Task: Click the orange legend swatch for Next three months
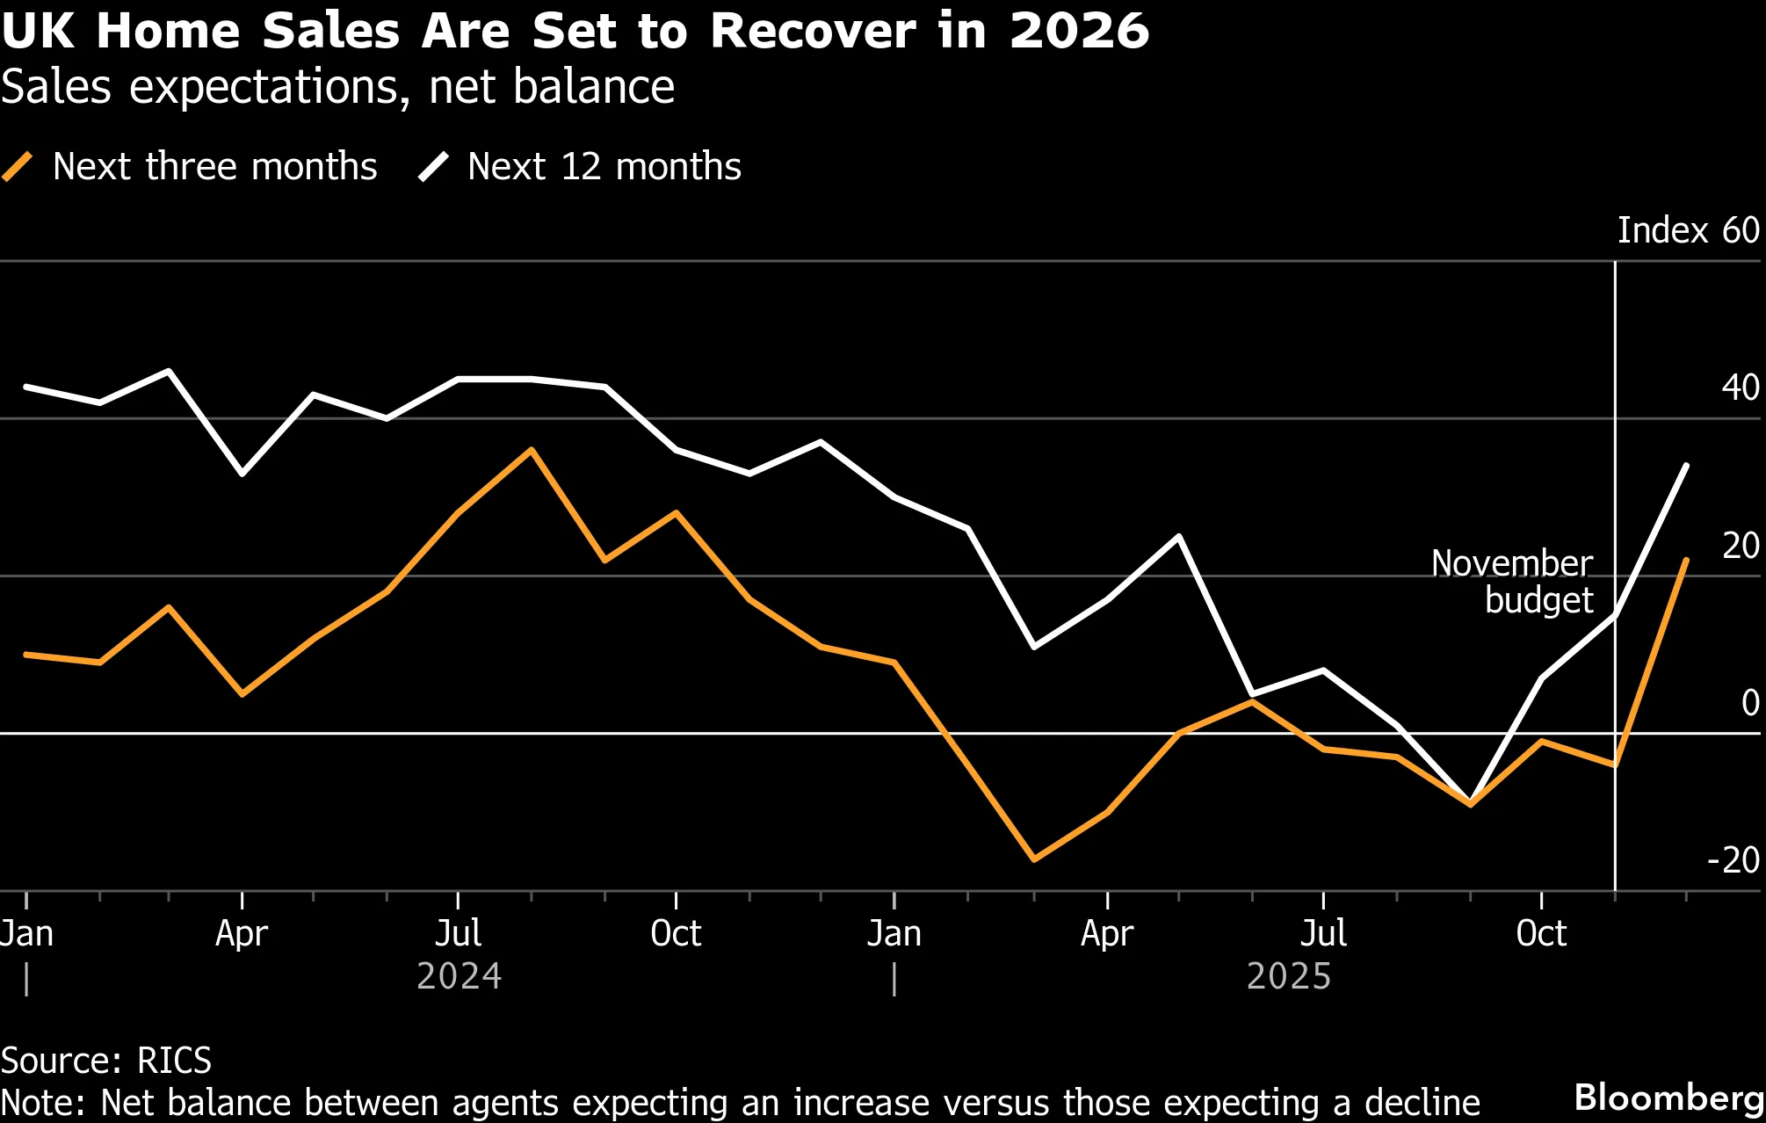pyautogui.click(x=18, y=166)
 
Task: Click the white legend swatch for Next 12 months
pyautogui.click(x=433, y=166)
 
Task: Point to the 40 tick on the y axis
pyautogui.click(x=1741, y=388)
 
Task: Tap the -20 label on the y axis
pyautogui.click(x=1733, y=859)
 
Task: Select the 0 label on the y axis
pyautogui.click(x=1750, y=702)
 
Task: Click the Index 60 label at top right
pyautogui.click(x=1689, y=230)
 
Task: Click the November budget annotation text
pyautogui.click(x=1512, y=582)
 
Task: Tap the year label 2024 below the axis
pyautogui.click(x=459, y=976)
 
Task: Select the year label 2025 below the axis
pyautogui.click(x=1289, y=976)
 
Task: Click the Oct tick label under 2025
pyautogui.click(x=1541, y=933)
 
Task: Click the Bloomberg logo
pyautogui.click(x=1669, y=1098)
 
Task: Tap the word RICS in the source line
pyautogui.click(x=175, y=1061)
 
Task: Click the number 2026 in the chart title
pyautogui.click(x=1079, y=31)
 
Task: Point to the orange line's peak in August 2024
pyautogui.click(x=531, y=450)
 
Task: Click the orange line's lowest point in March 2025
pyautogui.click(x=1034, y=859)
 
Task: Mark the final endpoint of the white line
pyautogui.click(x=1686, y=465)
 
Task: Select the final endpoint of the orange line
pyautogui.click(x=1686, y=560)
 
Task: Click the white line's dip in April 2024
pyautogui.click(x=242, y=474)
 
